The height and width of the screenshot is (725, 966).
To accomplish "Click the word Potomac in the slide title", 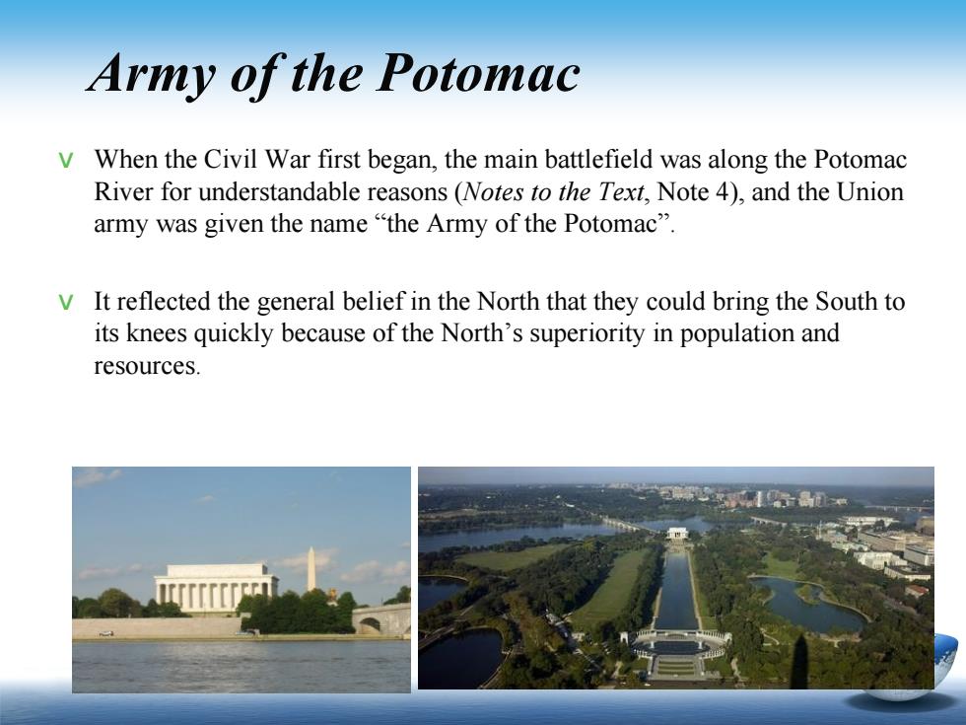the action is click(478, 73).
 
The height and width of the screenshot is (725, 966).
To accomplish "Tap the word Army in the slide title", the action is click(152, 75).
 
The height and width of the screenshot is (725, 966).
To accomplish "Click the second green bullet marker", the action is click(65, 303).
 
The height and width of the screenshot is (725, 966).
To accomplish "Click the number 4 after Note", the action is click(722, 191).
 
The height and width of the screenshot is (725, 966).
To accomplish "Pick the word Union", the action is click(869, 191).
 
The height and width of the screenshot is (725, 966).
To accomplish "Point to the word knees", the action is click(156, 333).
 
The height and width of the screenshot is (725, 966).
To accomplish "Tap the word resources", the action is click(146, 366).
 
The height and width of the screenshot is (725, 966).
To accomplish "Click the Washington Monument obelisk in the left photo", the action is click(311, 569).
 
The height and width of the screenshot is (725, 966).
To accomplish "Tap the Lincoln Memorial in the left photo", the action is click(216, 589).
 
